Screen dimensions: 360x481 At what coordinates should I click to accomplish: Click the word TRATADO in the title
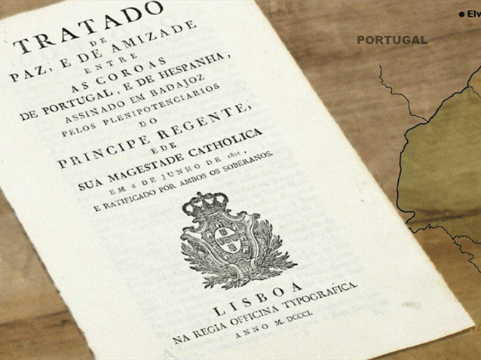(x=90, y=26)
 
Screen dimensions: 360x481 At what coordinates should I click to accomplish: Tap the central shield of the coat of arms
(x=224, y=240)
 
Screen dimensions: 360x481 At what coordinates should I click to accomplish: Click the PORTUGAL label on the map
(x=391, y=40)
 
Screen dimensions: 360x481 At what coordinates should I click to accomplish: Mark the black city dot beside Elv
(x=461, y=14)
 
